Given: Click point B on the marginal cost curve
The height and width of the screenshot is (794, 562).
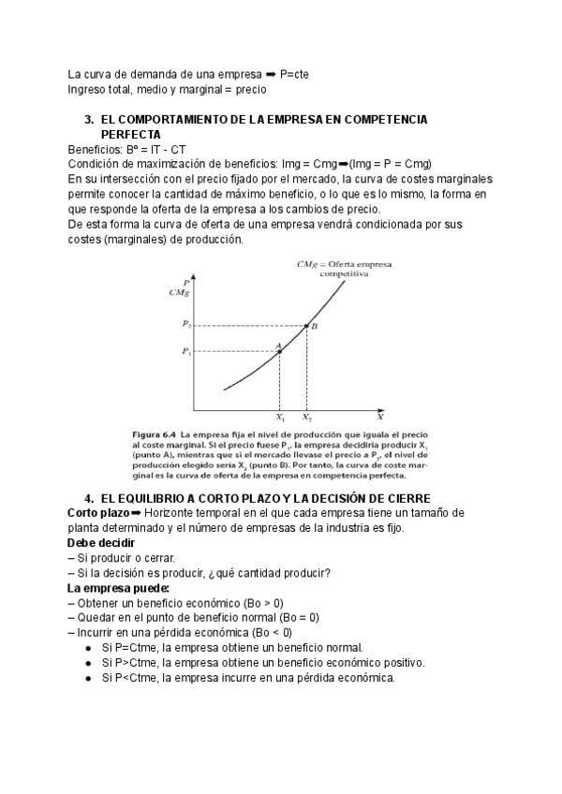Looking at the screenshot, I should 307,326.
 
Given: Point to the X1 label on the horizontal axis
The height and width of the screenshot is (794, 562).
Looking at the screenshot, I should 280,418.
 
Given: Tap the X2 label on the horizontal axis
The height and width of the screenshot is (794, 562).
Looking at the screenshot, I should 307,418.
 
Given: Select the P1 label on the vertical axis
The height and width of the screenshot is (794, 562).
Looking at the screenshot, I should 187,352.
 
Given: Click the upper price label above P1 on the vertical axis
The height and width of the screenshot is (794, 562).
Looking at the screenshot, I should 187,325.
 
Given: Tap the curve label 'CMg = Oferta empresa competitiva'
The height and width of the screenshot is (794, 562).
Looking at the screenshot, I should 333,269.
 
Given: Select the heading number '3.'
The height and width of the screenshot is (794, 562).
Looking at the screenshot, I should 90,121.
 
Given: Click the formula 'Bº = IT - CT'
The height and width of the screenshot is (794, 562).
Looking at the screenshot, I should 152,149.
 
